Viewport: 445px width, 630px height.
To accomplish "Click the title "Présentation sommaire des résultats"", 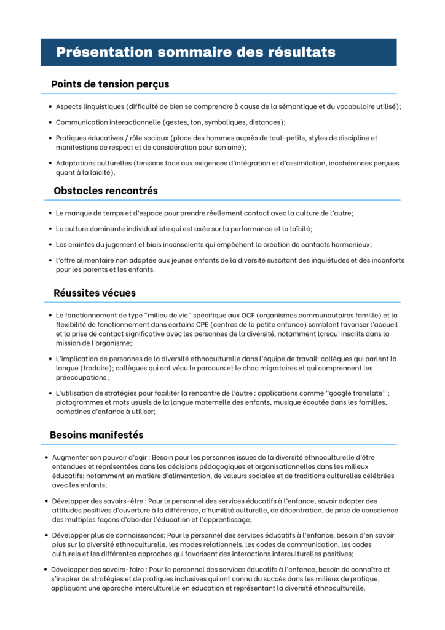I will coord(195,52).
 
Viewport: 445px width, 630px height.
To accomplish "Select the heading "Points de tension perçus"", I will coord(110,84).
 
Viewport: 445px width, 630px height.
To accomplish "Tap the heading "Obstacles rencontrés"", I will coord(105,191).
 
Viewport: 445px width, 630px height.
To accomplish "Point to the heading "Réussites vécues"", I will coord(95,293).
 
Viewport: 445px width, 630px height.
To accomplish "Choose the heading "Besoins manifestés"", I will coord(96,435).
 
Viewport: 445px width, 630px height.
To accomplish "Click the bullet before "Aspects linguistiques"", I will coord(49,106).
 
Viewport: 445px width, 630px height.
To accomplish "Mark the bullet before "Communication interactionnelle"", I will coord(49,122).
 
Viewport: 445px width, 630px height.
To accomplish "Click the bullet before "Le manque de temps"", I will coord(49,213).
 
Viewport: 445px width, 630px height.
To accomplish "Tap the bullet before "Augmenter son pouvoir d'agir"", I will coord(47,458).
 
